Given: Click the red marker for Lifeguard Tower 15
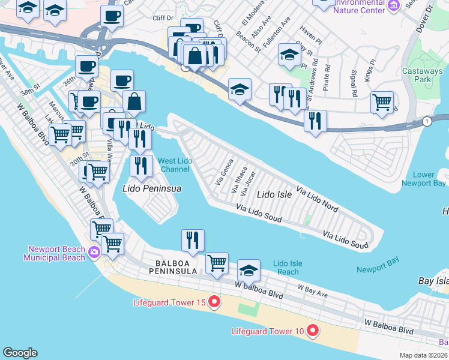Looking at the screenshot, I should click(214, 302).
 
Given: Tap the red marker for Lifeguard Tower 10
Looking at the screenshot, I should click(312, 331).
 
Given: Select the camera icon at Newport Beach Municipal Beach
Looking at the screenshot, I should click(94, 252).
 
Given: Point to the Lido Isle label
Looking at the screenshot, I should click(274, 194).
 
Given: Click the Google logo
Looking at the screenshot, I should click(20, 353).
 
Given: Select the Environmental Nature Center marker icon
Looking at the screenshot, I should click(394, 6).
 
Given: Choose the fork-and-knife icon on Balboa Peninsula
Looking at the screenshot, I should click(193, 240).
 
